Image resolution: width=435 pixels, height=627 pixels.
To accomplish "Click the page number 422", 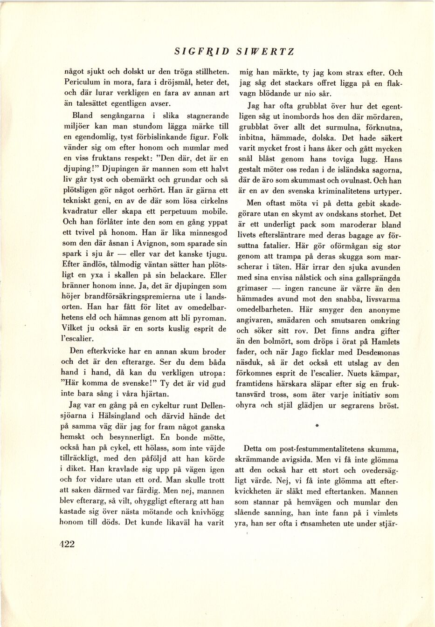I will click(x=67, y=544).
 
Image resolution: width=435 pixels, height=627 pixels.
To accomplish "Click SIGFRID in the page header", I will click(x=202, y=52).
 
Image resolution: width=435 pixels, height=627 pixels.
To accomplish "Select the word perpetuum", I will click(x=176, y=211).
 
